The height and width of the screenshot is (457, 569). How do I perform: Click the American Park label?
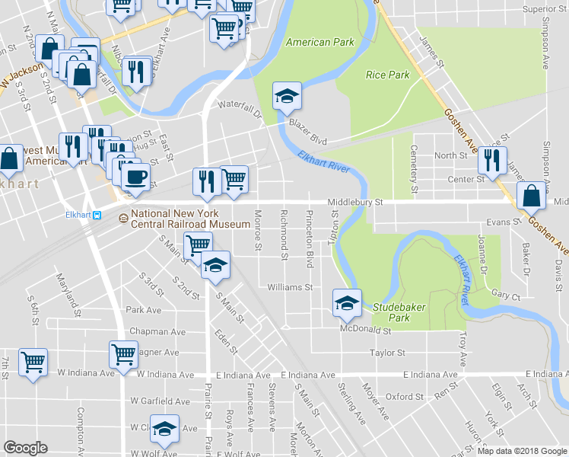click(319, 42)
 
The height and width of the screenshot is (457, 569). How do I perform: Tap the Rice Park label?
click(387, 75)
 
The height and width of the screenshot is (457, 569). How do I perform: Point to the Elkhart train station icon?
click(98, 215)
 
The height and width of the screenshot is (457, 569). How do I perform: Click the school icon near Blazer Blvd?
click(287, 95)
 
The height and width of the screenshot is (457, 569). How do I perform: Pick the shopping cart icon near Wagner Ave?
click(123, 353)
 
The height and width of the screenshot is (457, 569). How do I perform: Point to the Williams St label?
click(290, 287)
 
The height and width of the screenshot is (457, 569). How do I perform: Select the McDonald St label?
click(365, 331)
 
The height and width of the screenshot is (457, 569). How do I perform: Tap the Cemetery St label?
click(415, 168)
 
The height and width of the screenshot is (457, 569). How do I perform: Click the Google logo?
click(25, 448)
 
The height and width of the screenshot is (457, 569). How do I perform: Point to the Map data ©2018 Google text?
click(521, 451)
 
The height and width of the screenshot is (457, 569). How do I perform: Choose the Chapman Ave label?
click(157, 331)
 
